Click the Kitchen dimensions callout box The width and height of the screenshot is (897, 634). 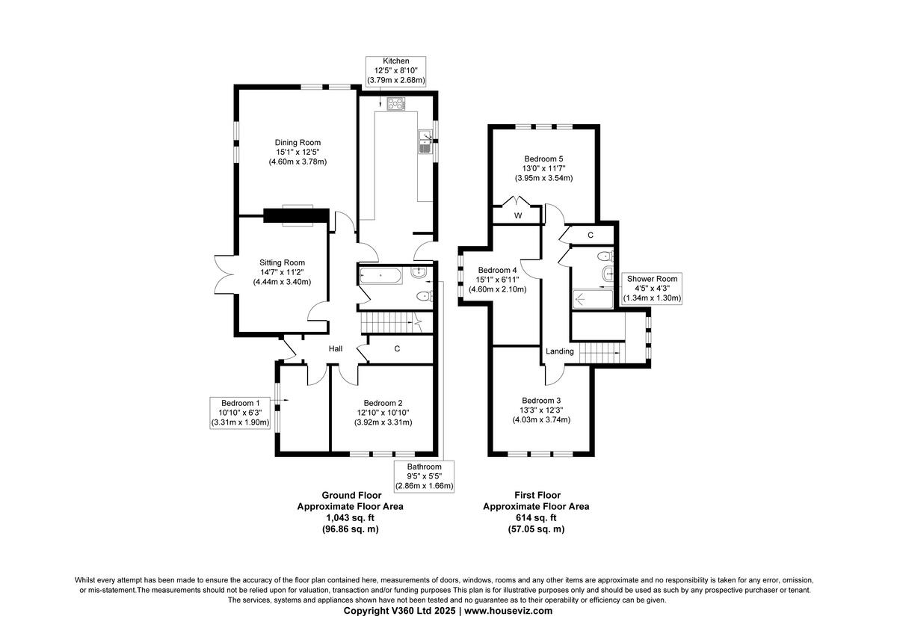[395, 70]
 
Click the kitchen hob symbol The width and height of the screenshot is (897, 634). [395, 105]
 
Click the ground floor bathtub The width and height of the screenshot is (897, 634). [381, 275]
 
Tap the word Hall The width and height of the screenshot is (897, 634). [336, 349]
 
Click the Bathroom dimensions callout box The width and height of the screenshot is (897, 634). [425, 476]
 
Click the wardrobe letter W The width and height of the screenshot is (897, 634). [517, 215]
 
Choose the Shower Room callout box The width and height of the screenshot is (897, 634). [652, 289]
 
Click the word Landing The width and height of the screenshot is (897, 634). [560, 351]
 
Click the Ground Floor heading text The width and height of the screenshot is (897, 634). [351, 495]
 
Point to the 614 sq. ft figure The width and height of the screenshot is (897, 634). [537, 517]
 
